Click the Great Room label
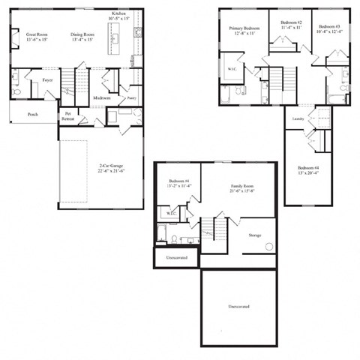(37, 34)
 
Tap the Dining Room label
(82, 34)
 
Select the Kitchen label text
(119, 14)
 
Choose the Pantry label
(130, 97)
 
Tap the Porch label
(33, 115)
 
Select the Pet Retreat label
(68, 117)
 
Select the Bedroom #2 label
(290, 23)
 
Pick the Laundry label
(298, 118)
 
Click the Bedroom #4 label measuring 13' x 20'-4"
(308, 166)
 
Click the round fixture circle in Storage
(268, 245)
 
